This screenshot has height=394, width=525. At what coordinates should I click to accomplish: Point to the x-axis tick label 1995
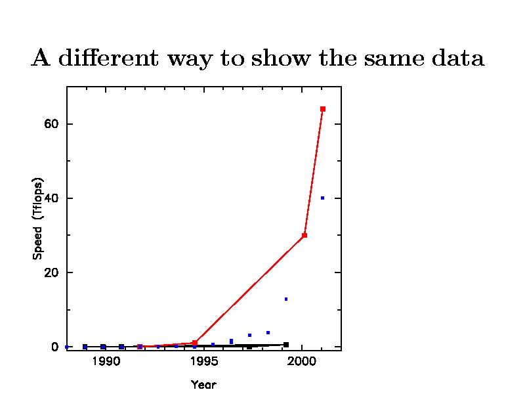click(203, 361)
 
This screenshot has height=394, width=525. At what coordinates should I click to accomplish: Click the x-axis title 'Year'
click(203, 384)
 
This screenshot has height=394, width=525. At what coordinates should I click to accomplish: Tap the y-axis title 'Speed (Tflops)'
click(38, 218)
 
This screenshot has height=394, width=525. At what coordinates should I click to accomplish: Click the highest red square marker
click(323, 109)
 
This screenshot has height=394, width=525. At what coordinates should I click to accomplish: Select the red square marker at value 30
click(304, 235)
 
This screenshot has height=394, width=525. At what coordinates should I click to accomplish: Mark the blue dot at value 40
click(322, 198)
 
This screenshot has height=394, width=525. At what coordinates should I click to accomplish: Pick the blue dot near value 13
click(286, 299)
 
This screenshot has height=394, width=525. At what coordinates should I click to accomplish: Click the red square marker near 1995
click(195, 343)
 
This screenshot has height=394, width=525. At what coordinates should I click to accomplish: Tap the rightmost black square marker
click(286, 345)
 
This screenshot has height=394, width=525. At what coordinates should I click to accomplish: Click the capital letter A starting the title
click(41, 58)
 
